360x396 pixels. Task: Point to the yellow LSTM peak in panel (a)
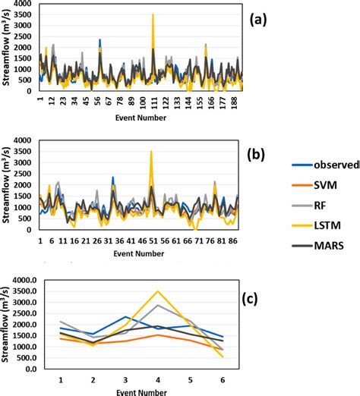[153, 15]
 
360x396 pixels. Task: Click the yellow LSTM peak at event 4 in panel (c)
[157, 291]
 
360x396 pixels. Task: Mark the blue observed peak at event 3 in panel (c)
[126, 316]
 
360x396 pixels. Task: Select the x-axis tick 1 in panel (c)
[60, 376]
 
